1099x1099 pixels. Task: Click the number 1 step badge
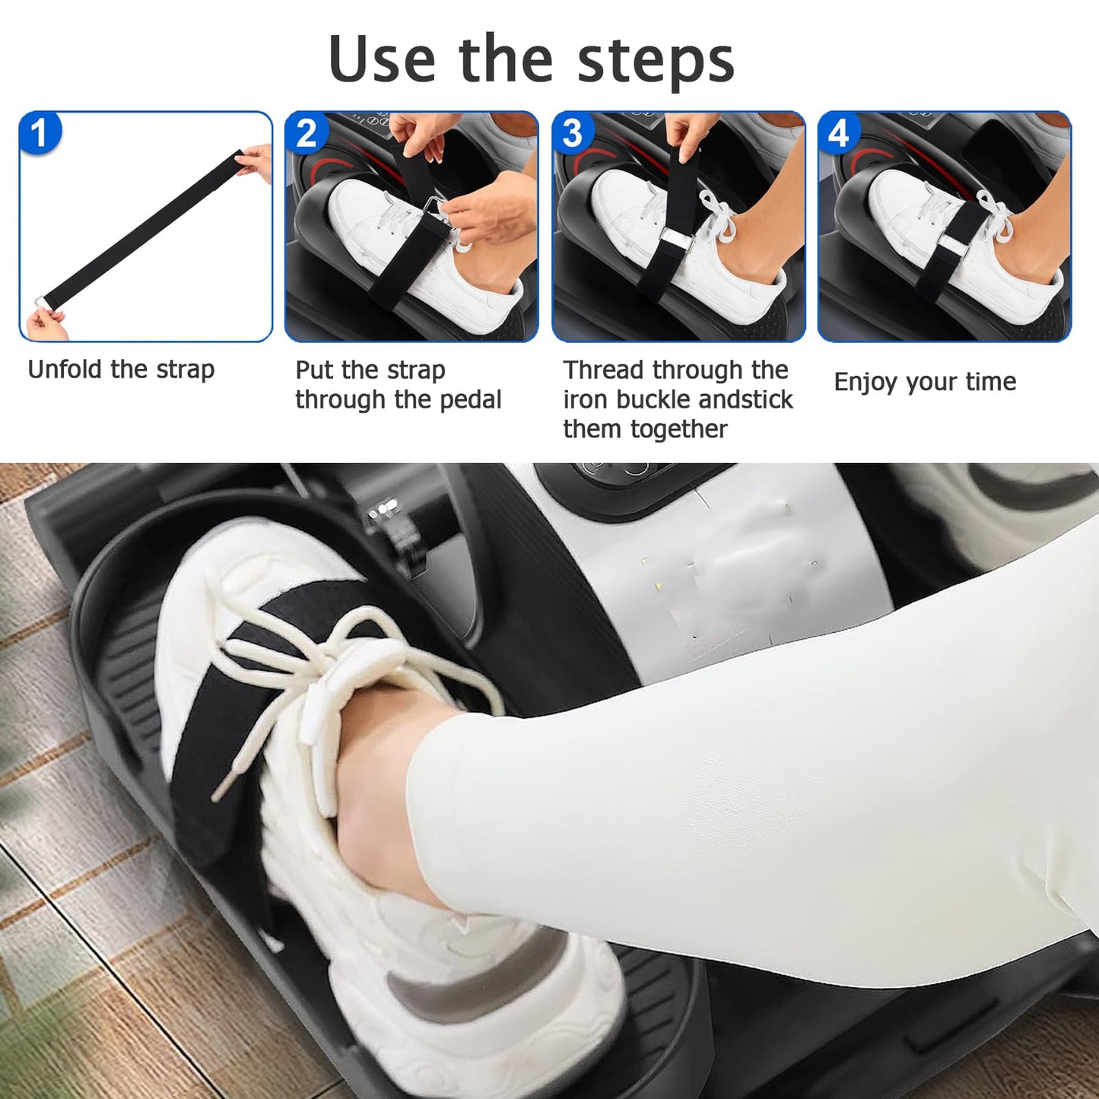[x=40, y=133]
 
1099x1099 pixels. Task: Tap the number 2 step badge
[x=307, y=133]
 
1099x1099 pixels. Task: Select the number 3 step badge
[x=573, y=133]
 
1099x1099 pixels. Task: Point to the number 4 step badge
[x=839, y=133]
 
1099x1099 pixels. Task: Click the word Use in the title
[x=383, y=59]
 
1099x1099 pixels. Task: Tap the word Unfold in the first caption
[x=65, y=370]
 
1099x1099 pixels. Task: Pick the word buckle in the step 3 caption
[x=655, y=399]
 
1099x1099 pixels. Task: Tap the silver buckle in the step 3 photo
[x=675, y=237]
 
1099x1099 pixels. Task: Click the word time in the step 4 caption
[x=991, y=382]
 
